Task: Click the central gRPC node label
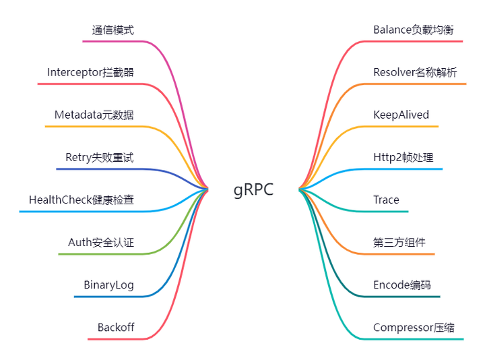point(254,189)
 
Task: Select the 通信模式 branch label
point(112,30)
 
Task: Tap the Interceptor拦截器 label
point(90,72)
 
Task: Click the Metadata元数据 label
point(94,115)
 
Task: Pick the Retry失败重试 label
point(99,157)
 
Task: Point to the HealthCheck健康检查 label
point(81,200)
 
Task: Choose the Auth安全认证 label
point(100,242)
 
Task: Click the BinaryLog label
point(108,284)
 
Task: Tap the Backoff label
point(115,328)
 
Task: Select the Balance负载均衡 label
point(413,30)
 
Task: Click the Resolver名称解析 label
point(415,72)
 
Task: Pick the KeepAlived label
point(401,115)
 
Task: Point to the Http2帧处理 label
point(403,157)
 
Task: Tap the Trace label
point(386,200)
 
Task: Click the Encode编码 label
point(401,284)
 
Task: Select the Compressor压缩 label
point(414,328)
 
